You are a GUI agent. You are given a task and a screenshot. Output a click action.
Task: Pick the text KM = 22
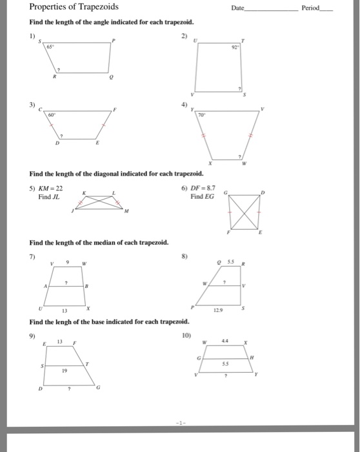[50, 187]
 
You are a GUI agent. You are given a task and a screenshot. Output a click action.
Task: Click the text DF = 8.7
[204, 187]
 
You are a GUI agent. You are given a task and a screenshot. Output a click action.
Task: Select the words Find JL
[48, 196]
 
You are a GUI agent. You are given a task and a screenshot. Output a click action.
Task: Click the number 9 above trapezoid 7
[68, 262]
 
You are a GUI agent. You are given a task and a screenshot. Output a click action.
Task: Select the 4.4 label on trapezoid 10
[225, 340]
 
